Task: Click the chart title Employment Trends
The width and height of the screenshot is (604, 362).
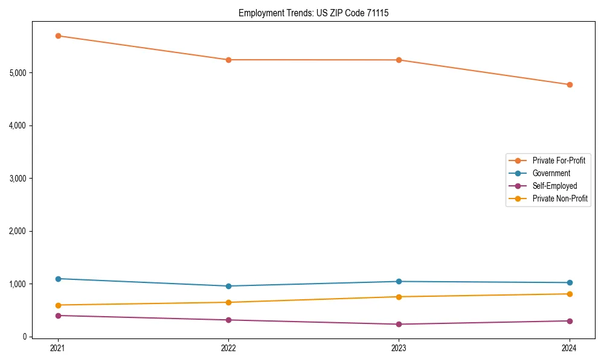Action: (313, 13)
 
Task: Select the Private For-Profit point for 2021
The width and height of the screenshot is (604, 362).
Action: (58, 36)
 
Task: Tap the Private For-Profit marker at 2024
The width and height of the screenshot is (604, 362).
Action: (570, 84)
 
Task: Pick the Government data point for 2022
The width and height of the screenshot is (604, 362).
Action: (228, 286)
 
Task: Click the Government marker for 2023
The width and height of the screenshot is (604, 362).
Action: (399, 281)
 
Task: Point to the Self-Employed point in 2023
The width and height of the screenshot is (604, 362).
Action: (399, 324)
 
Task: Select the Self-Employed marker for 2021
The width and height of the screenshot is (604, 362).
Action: (58, 316)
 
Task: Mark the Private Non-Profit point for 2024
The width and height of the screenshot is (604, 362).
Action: (570, 294)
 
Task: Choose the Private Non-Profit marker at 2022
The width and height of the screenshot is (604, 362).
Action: (228, 302)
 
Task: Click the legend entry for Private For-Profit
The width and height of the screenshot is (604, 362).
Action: (559, 160)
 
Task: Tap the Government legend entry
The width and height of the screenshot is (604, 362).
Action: (551, 173)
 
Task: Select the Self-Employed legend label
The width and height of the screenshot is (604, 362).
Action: (554, 186)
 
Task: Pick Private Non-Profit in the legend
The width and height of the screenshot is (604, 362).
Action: (560, 198)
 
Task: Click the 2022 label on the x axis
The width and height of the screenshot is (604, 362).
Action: (228, 348)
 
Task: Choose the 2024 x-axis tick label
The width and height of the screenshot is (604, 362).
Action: (570, 348)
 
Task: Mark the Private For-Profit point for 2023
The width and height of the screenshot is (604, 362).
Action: (399, 60)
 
